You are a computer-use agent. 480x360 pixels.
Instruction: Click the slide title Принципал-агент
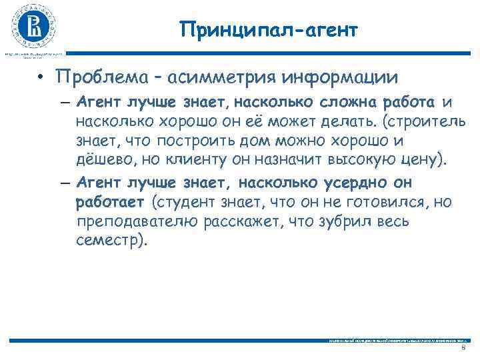click(269, 30)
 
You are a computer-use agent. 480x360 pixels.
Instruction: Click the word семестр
click(108, 241)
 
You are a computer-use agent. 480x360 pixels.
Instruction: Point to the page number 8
click(464, 349)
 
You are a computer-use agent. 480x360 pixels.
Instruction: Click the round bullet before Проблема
click(41, 79)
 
